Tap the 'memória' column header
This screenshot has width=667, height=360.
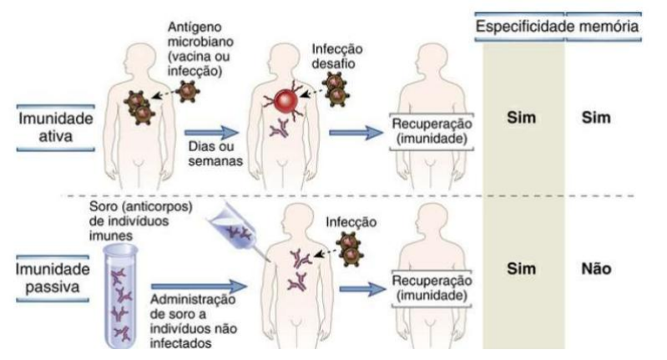604,27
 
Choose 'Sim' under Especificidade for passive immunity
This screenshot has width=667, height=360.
523,270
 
